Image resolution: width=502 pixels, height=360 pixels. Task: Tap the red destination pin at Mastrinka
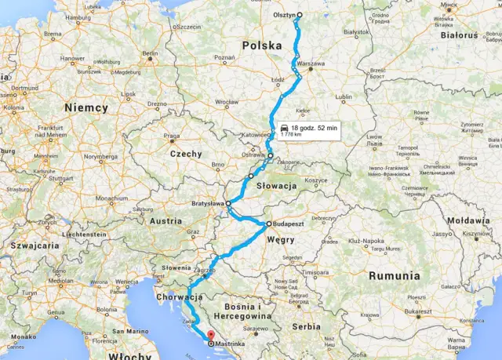coord(210,341)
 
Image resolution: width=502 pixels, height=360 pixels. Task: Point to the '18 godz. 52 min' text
coord(314,127)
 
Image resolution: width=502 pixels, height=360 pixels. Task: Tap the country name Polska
coord(262,45)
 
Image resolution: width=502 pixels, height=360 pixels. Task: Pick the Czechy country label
coord(186,154)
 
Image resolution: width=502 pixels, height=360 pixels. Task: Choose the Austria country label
coord(166,221)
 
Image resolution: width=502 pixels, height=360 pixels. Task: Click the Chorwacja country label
coord(180,298)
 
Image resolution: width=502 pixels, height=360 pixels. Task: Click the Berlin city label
coord(150,53)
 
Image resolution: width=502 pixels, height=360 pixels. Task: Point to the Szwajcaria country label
coord(28,245)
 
